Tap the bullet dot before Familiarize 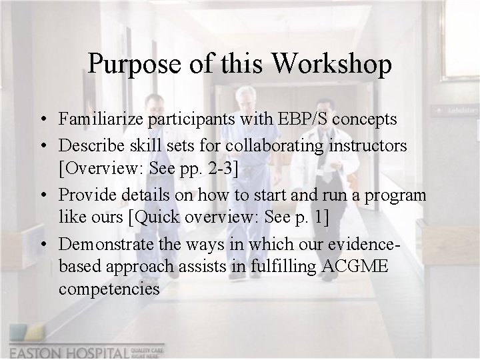pyautogui.click(x=42, y=120)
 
